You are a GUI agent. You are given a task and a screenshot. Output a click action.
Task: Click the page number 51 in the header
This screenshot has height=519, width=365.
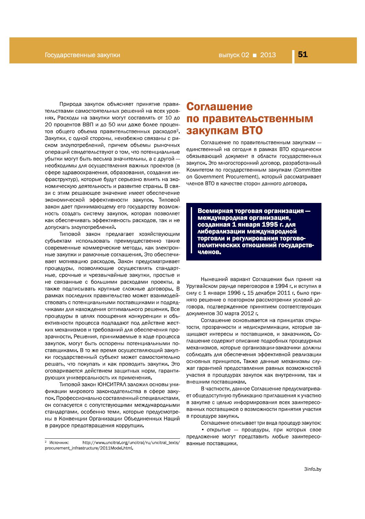tap(303, 55)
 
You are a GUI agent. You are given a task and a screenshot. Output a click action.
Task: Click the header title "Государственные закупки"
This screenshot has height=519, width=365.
tap(82, 55)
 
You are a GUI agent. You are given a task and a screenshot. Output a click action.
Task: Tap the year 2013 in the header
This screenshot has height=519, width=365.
tap(268, 55)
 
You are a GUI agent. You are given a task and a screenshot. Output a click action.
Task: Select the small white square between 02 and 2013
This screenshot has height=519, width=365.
tap(254, 55)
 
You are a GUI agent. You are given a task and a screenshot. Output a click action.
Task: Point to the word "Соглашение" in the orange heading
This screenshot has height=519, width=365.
tap(219, 107)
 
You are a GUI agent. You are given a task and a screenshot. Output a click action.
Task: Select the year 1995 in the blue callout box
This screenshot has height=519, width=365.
tap(262, 225)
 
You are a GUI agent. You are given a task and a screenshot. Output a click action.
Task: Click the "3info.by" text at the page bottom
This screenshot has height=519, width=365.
tap(312, 469)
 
